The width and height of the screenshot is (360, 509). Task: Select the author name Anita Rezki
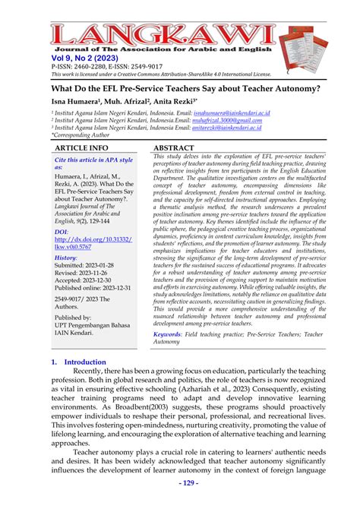click(x=171, y=100)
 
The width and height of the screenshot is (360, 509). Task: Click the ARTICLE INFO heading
click(x=82, y=147)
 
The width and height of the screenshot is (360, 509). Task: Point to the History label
click(x=67, y=279)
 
